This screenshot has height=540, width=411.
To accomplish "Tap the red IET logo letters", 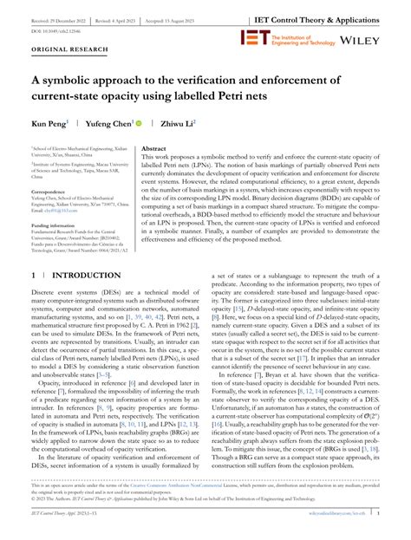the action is (x=257, y=38).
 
